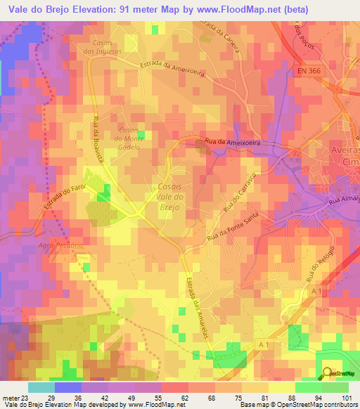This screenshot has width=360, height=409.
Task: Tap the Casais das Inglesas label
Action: point(102,47)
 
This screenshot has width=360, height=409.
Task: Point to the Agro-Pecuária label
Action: point(61,245)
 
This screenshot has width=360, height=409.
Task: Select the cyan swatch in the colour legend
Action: point(41,387)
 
